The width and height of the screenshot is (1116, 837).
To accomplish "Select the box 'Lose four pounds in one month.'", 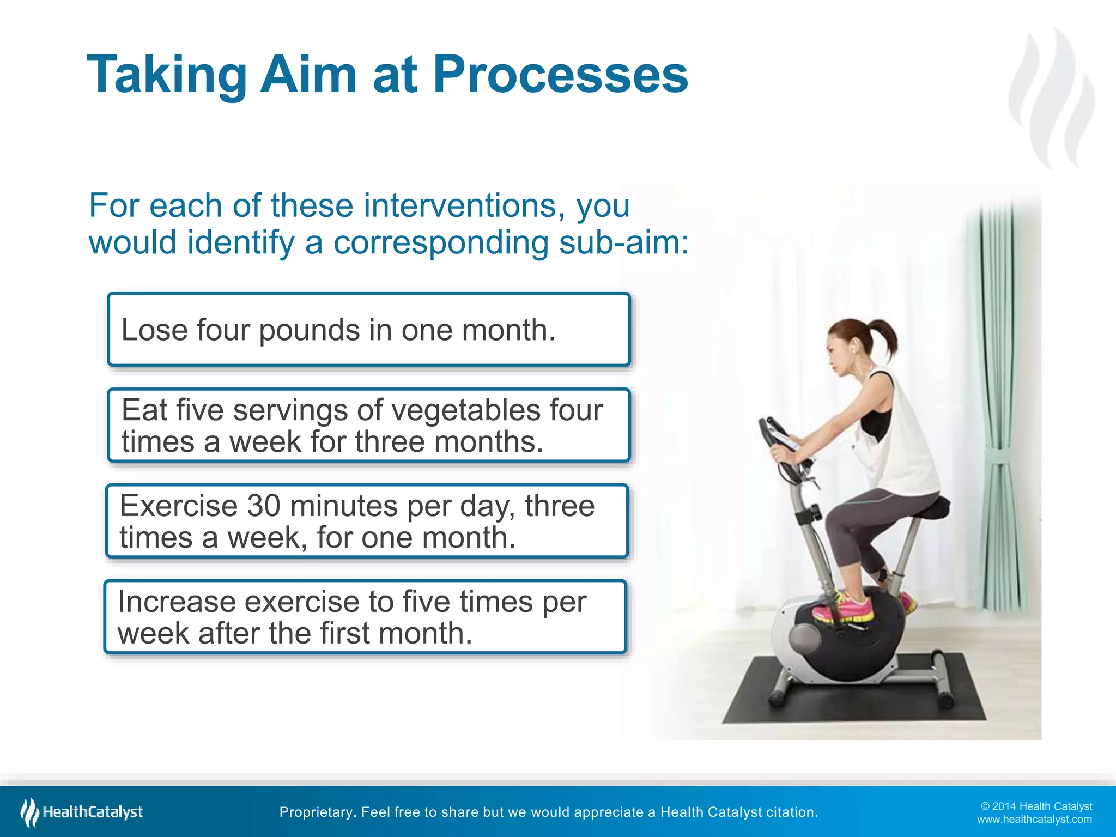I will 369,330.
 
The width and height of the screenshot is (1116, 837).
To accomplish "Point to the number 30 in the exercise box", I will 264,506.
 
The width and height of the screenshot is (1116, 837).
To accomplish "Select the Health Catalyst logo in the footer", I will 82,812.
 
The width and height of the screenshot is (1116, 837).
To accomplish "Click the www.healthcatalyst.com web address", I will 1034,820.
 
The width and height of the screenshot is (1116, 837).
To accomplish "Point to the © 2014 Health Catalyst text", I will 1036,806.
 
